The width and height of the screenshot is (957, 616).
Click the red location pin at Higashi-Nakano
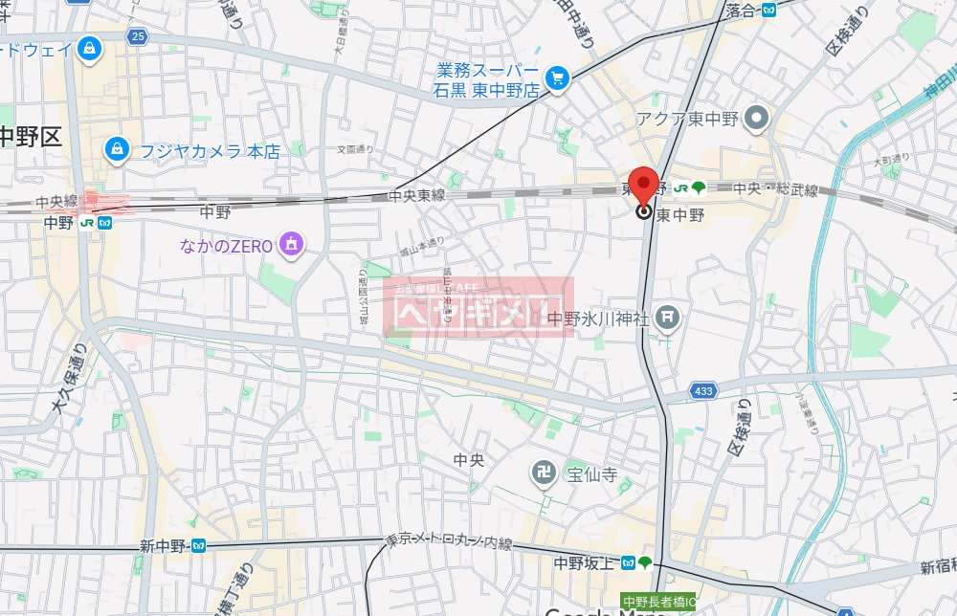pos(646,185)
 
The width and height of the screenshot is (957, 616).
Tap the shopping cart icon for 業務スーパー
pos(556,77)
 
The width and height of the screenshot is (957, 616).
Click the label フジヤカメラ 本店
pos(210,150)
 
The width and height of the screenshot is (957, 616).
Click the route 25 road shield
pos(139,36)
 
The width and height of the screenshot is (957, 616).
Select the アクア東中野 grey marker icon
pos(758,120)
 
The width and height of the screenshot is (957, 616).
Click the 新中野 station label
pos(164,546)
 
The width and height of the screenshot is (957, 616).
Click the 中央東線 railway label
pos(417,195)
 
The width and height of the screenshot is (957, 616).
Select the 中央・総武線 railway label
pos(776,189)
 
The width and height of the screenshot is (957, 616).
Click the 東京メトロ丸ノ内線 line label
pos(450,541)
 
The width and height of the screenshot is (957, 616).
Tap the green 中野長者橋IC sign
pos(659,602)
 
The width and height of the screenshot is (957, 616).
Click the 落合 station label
pos(742,11)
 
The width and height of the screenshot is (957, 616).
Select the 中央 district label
pos(469,461)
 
